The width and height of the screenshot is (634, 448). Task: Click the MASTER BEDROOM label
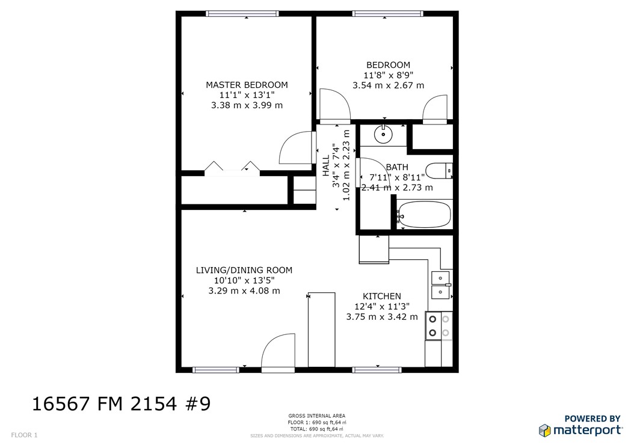247,85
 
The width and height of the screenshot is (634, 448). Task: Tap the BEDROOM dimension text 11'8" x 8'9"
388,75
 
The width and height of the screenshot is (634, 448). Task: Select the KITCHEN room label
381,296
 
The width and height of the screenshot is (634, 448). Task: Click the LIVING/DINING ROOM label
244,270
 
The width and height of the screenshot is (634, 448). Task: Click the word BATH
397,167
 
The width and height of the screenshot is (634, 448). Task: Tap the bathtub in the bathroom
423,214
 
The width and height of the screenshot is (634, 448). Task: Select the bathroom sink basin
383,133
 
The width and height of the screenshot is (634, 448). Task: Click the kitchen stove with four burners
439,326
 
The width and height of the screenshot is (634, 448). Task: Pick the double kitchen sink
441,285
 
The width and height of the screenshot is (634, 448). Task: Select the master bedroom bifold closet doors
231,168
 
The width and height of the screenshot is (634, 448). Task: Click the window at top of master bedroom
242,13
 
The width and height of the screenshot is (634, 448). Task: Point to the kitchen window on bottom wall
377,369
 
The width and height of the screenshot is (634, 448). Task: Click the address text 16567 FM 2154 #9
121,403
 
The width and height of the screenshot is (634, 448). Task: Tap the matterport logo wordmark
587,430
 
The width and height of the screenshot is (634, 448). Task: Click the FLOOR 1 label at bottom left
24,435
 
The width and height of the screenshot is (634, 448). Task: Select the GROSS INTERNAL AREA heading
316,416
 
